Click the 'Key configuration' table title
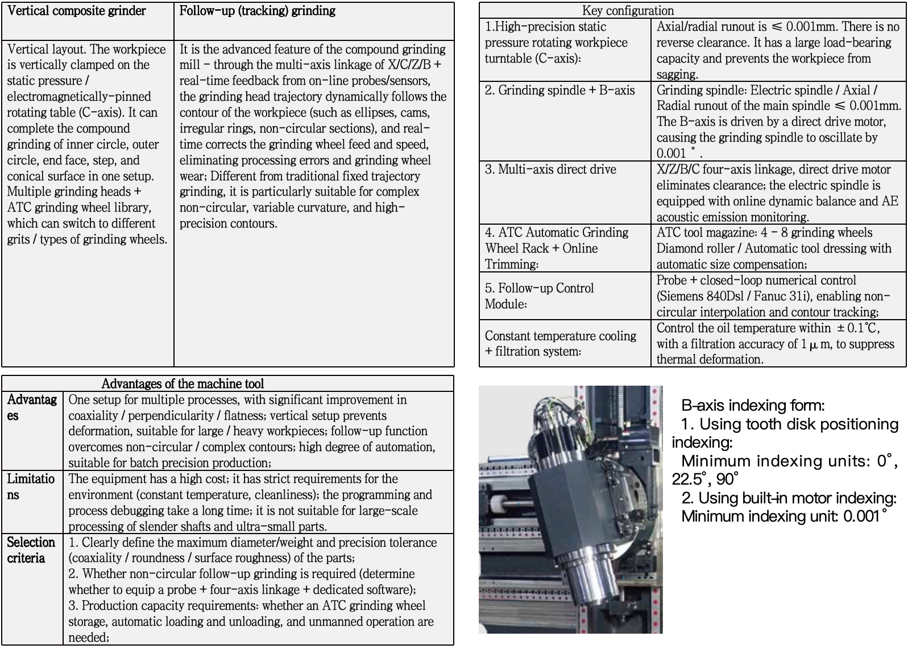coord(628,11)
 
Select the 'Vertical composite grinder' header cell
coord(77,11)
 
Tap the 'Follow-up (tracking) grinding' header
coord(257,11)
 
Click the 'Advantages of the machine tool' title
coord(183,384)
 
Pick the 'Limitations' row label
coord(31,486)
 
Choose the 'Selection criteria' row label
coord(31,550)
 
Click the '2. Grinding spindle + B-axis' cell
coord(559,90)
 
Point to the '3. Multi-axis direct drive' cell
coord(550,170)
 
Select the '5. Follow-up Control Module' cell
coord(539,296)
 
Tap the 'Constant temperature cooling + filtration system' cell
coord(560,344)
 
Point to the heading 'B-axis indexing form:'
coord(753,406)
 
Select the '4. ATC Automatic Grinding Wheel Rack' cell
coord(557,248)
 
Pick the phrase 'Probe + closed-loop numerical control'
coord(756,280)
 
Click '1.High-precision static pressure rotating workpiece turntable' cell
coord(556,43)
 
